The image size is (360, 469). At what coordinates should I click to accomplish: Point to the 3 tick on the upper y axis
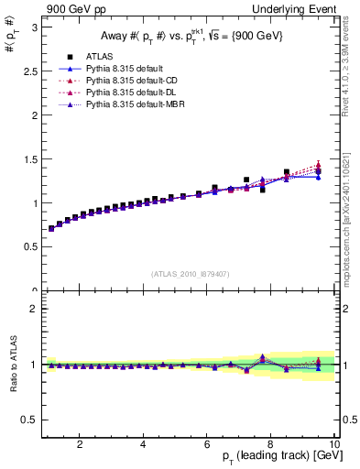(33, 27)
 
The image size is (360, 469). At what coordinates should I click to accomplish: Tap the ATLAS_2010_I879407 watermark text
(191, 273)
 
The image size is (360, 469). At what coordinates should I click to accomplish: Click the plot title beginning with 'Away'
(191, 37)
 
